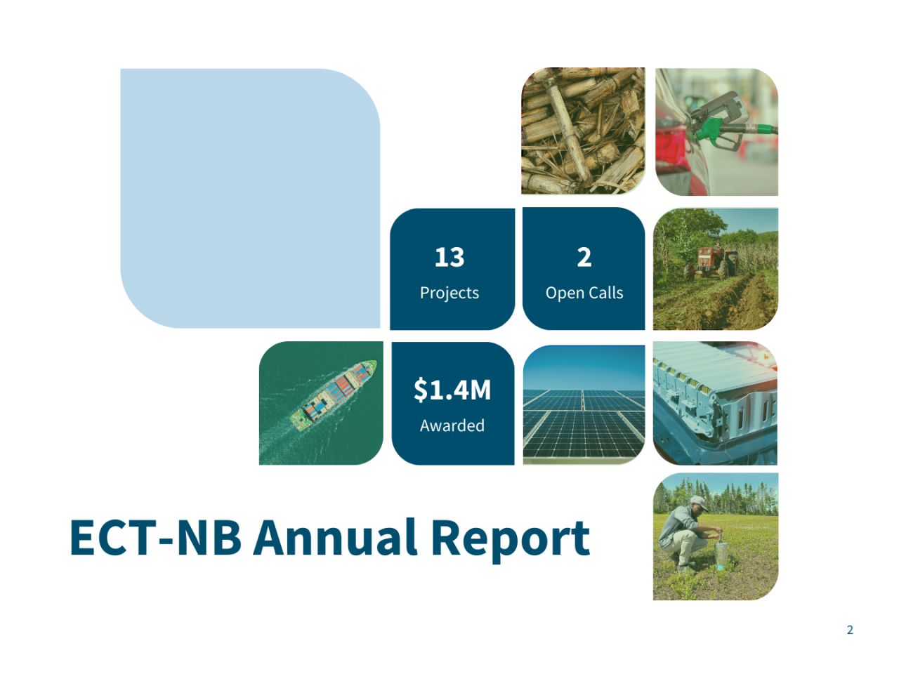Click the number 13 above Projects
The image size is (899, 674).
click(449, 257)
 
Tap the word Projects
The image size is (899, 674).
click(449, 293)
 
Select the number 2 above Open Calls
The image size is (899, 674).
click(584, 257)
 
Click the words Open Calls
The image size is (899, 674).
click(584, 293)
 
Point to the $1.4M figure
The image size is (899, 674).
click(452, 390)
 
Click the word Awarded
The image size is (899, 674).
click(452, 425)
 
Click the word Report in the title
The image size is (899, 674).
click(510, 539)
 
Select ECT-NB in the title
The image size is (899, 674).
click(155, 538)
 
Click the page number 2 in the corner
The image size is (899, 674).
click(850, 630)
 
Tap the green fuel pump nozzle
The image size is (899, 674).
click(711, 128)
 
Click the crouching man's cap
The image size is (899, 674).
click(697, 501)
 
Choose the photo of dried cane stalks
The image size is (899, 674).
click(583, 131)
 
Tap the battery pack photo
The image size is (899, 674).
click(715, 403)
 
